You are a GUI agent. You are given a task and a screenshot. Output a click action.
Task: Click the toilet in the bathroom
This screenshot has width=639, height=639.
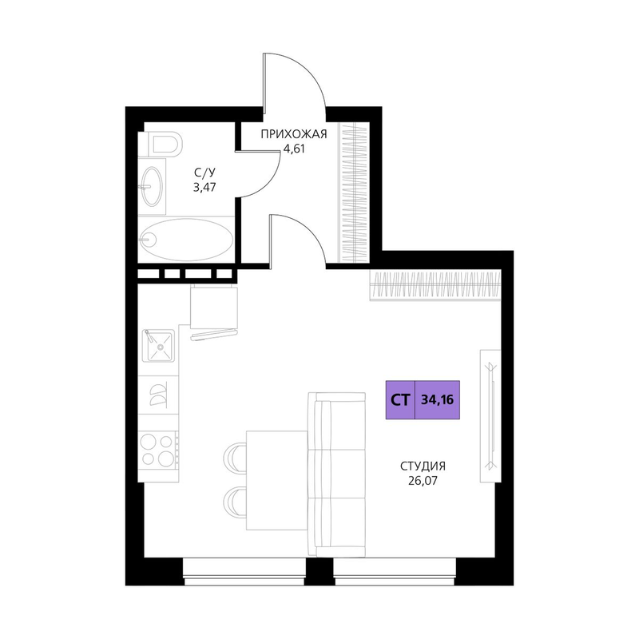pos(161,144)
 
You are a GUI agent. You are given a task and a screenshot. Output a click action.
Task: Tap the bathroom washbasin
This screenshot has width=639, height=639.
pos(152,186)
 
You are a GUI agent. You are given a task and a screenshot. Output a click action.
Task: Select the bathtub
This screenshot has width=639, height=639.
pos(186,240)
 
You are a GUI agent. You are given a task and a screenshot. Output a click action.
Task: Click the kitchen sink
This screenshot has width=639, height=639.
pos(158,346)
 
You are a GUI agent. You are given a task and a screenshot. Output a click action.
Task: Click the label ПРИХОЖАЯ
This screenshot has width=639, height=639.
pos(294,134)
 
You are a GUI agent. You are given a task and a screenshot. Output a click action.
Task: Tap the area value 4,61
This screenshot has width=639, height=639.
pos(294,149)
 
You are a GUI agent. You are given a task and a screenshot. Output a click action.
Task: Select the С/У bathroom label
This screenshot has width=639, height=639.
pos(204,173)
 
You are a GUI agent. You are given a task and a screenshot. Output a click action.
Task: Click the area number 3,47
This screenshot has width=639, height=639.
pos(204,188)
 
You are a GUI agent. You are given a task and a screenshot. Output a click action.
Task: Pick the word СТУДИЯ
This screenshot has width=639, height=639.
pos(423,466)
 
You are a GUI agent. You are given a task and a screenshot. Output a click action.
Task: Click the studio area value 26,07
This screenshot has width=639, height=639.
pos(423,481)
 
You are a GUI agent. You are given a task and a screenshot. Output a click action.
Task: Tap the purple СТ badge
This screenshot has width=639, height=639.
pos(400,400)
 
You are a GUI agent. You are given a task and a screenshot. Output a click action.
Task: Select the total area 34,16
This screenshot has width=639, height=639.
pos(437,400)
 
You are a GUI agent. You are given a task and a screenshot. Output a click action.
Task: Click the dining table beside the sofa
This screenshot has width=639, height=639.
pos(276,481)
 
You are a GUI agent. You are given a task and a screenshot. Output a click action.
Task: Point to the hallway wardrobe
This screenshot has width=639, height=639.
pos(354,192)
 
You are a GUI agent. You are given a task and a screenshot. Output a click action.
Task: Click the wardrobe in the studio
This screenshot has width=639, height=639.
pos(435,285)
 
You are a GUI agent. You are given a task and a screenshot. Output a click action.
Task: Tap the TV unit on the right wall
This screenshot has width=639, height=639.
pos(490,415)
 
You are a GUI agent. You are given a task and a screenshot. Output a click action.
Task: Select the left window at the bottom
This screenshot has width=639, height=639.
pos(244,571)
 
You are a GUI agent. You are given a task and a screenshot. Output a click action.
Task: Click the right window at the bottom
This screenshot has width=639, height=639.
pos(395,571)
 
